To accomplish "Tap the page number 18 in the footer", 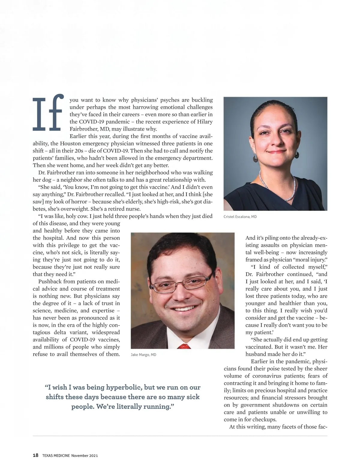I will coord(35,455).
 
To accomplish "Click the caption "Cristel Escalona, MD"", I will coord(240,217).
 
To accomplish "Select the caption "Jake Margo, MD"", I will coord(143,355).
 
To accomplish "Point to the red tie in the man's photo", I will coord(184,346).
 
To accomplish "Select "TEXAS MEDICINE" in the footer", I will coord(56,455).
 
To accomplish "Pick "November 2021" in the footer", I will coord(85,455).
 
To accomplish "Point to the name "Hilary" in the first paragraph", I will coord(205,121).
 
